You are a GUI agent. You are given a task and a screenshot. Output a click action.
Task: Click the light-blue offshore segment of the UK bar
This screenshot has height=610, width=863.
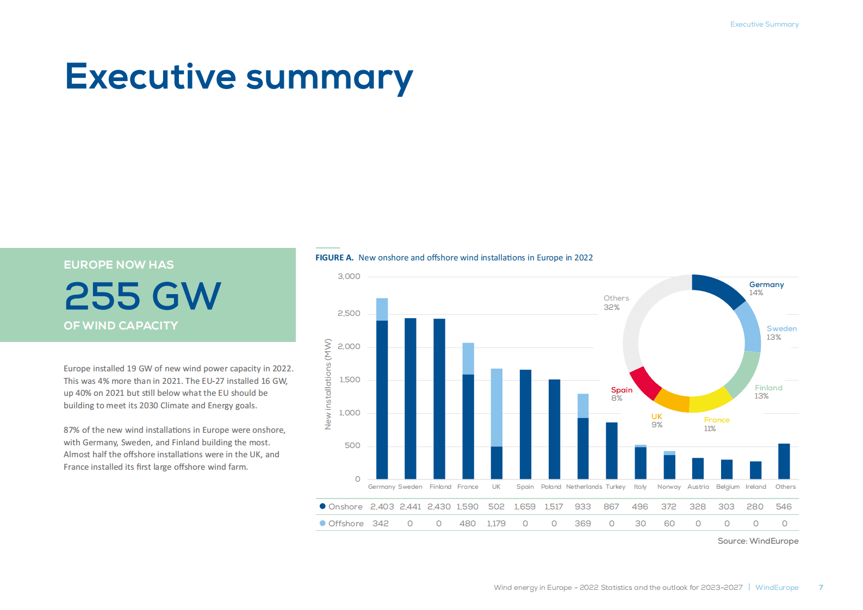point(496,407)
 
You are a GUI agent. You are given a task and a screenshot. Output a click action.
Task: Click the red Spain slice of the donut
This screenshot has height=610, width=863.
point(645,383)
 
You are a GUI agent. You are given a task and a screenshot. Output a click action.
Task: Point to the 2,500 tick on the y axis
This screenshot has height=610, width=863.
point(349,314)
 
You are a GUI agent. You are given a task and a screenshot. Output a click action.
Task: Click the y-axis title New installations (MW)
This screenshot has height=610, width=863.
point(328,384)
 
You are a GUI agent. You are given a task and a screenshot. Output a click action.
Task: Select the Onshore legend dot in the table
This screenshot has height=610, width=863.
point(322,506)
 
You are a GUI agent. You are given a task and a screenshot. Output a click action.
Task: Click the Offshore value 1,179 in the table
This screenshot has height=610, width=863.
point(496,524)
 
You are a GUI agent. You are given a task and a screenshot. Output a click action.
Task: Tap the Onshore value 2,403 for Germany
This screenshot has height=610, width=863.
point(382,507)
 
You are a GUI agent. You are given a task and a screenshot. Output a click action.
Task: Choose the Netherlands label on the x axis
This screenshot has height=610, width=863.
point(583,487)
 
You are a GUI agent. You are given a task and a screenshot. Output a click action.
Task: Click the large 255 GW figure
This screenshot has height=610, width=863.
point(142,296)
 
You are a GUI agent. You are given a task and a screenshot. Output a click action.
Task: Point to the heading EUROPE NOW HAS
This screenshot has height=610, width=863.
point(119,265)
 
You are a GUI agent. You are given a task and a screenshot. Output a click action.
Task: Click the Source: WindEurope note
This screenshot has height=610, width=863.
point(758,541)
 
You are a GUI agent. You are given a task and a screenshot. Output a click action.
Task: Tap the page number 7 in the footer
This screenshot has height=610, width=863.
point(821,588)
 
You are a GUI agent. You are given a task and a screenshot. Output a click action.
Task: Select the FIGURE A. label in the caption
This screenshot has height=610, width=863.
point(334,258)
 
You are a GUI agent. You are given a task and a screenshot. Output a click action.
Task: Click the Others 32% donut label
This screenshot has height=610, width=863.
point(616,303)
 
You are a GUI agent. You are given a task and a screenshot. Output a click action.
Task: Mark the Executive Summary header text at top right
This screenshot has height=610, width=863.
point(764,24)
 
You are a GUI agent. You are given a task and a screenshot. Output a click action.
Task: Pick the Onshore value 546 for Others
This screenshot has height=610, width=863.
point(784,507)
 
